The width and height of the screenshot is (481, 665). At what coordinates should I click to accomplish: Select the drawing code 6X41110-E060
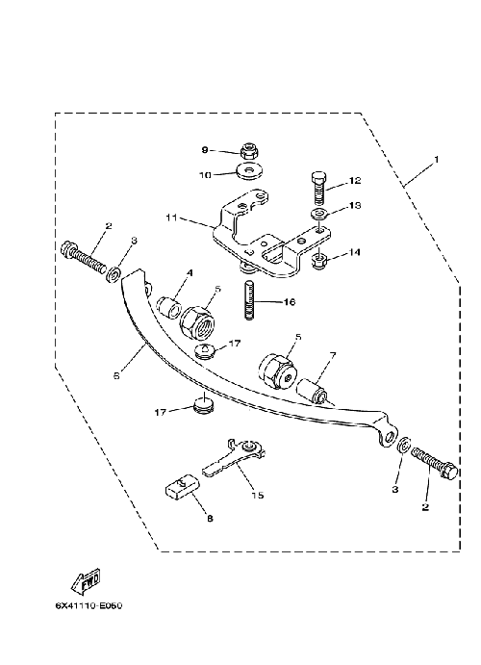pos(89,605)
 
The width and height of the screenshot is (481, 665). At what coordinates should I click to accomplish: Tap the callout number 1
pos(436,160)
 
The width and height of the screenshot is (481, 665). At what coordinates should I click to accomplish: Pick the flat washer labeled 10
pos(248,171)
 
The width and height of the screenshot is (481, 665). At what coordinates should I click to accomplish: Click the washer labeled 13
pos(319,214)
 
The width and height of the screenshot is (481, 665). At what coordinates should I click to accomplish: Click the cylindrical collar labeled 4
pos(169,305)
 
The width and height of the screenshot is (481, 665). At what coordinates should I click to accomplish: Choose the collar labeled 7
pos(313,392)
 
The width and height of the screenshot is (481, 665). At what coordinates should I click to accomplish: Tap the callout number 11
pos(171,218)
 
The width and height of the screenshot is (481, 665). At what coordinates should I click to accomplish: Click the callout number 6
pos(117,375)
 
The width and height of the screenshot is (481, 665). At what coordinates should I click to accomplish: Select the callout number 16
pos(290,302)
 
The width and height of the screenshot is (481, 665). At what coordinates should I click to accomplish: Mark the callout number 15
pos(258,495)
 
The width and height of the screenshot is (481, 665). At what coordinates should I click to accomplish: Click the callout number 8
pos(211,519)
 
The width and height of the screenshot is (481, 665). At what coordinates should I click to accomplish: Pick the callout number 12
pos(355,181)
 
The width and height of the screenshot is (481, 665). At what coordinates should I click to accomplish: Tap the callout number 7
pos(333,355)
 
